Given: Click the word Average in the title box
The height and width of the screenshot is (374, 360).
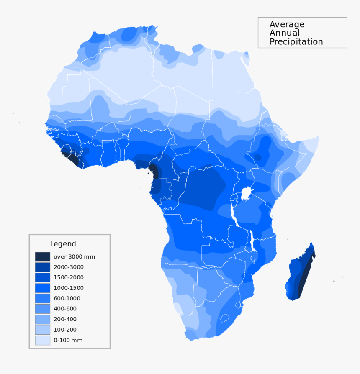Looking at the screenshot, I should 287,25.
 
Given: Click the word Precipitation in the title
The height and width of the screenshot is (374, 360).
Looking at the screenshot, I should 296,42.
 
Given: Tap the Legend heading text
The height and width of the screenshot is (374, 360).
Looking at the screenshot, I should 63,244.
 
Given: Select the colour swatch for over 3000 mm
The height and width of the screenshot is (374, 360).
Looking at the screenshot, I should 42,256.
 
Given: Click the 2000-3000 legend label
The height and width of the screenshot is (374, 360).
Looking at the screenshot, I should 68,267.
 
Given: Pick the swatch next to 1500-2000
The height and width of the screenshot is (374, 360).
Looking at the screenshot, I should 42,277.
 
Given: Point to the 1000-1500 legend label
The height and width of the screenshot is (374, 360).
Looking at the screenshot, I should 68,288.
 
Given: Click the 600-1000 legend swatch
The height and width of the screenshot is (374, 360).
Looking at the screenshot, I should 42,298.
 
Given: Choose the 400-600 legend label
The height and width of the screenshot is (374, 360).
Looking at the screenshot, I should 65,309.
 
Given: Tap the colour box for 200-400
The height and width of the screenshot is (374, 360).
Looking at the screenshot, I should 42,319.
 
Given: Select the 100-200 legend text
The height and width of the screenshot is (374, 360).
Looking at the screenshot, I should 65,330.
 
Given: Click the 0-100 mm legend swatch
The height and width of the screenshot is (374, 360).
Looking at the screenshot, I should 42,340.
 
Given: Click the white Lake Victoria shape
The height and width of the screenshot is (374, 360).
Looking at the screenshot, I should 247,194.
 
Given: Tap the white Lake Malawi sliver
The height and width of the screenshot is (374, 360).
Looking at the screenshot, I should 252,241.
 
